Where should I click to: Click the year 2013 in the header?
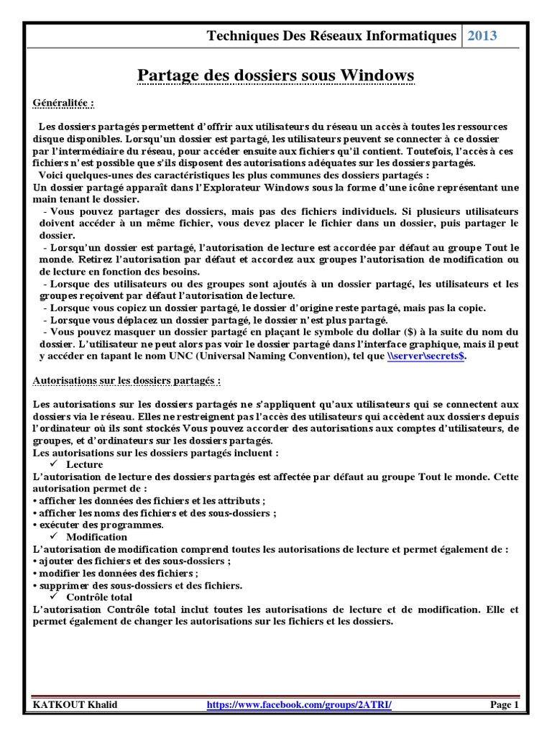tap(483, 36)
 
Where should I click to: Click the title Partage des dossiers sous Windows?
tap(275, 75)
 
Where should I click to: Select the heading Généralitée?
tap(64, 103)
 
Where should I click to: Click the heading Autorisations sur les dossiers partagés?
tap(127, 380)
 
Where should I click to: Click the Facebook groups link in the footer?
tap(299, 705)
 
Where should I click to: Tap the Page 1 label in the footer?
tap(504, 705)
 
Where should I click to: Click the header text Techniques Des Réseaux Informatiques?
tap(331, 36)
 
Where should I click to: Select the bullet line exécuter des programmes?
tap(98, 525)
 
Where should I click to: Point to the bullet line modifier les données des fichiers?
tap(116, 573)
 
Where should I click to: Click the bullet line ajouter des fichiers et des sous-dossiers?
tap(132, 561)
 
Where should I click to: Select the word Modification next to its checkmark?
tap(96, 537)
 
